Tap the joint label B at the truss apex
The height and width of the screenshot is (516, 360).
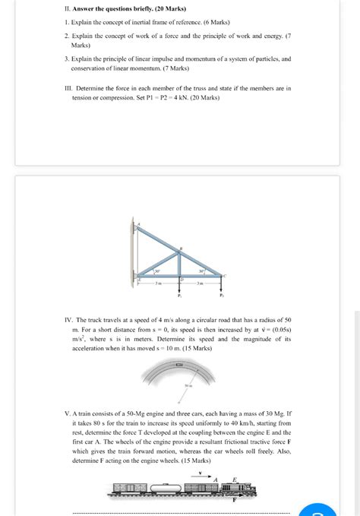coord(182,248)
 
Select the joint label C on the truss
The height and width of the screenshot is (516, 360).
coord(226,274)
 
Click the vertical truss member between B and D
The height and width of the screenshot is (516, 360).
coord(179,264)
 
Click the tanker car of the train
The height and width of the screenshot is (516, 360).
coord(169,488)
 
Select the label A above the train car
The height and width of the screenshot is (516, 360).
coord(216,478)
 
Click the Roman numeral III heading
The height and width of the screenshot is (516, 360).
coord(68,88)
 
